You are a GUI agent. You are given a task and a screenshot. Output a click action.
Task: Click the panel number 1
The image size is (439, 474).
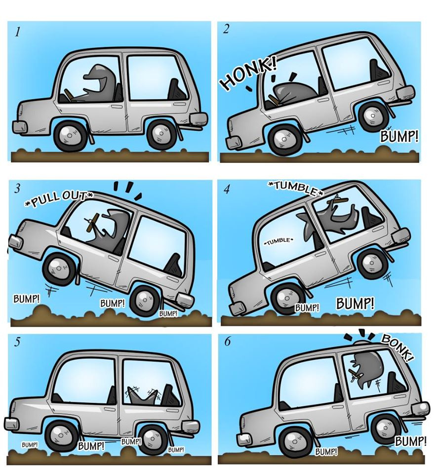18,32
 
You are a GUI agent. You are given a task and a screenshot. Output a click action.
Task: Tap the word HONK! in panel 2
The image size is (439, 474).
248,74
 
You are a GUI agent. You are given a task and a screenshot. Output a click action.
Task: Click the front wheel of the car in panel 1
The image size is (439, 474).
70,136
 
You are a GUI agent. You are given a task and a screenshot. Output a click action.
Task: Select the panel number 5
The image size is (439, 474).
17,342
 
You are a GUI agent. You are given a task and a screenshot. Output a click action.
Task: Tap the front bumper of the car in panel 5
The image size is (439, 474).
11,424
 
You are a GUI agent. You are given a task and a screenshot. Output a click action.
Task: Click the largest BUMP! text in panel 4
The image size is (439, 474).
355,303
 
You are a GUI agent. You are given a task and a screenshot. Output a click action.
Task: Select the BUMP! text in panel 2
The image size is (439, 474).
399,137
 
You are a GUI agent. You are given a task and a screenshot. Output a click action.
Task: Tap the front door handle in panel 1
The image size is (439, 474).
117,107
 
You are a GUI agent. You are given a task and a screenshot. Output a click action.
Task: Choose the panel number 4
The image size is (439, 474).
227,189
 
